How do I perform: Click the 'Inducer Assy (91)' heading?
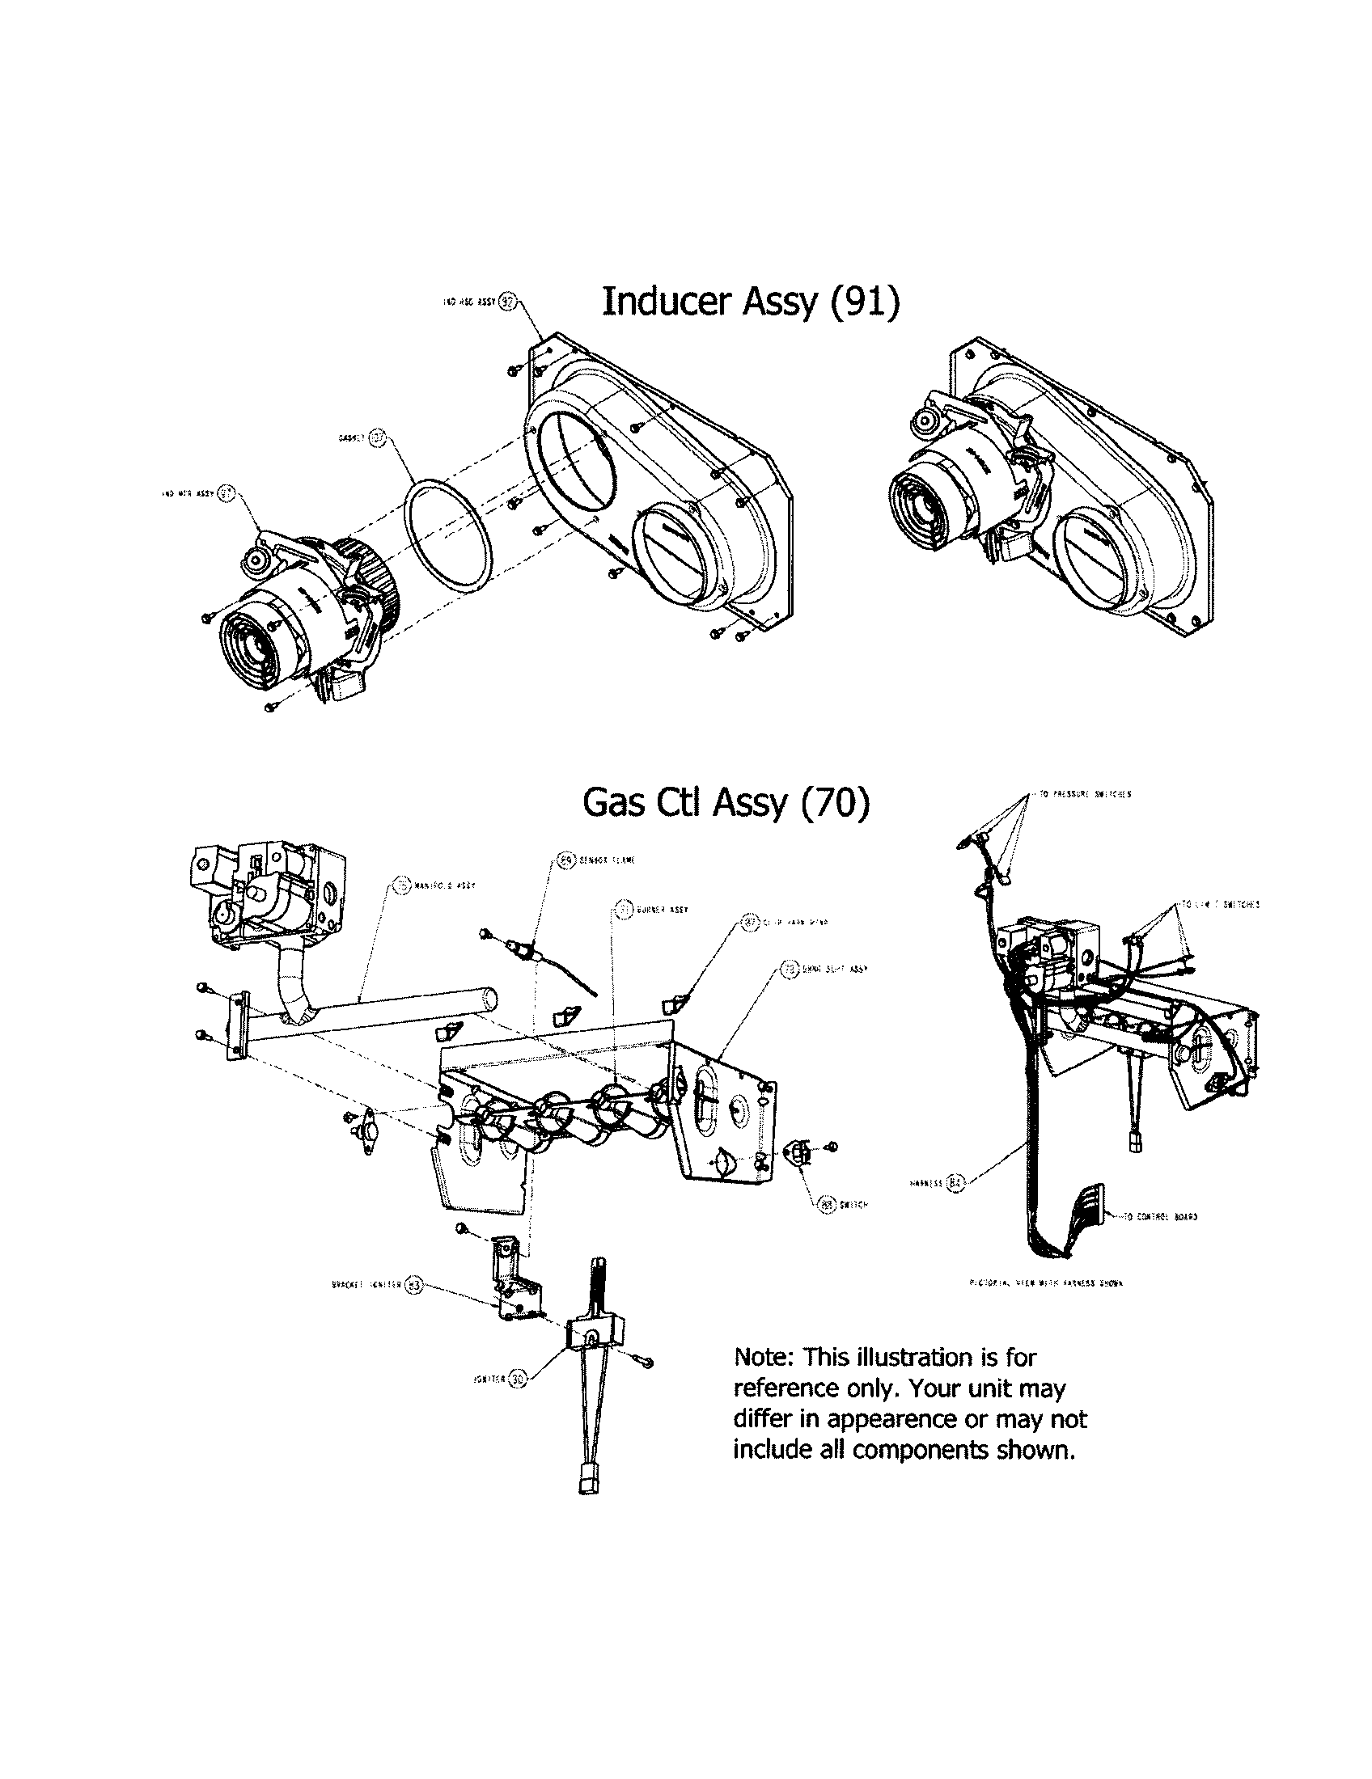tap(751, 302)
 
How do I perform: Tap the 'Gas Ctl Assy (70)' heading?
tap(726, 804)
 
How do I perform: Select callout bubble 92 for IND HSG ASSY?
tap(506, 302)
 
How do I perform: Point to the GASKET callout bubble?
tap(376, 437)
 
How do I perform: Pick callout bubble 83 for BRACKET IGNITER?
tap(415, 1287)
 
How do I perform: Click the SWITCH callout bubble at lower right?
tap(829, 1204)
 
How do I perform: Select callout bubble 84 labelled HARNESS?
tap(956, 1182)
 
